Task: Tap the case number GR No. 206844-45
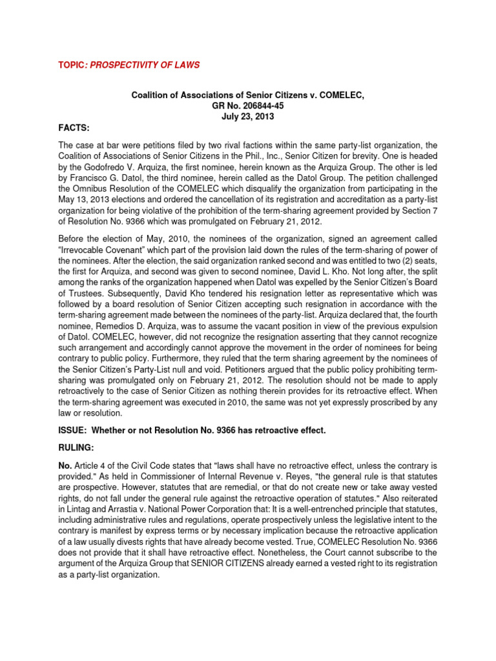coord(247,106)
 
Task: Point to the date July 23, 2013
coord(247,117)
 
